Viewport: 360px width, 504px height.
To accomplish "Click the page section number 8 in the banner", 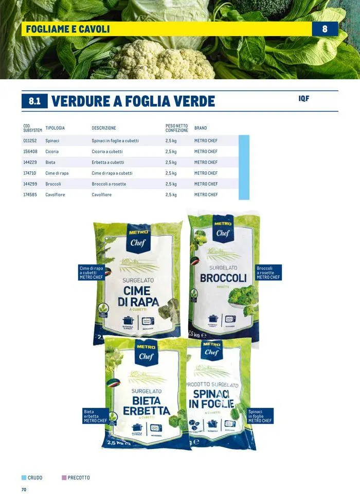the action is coord(325,29).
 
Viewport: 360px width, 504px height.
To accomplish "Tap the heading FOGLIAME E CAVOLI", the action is coord(68,29).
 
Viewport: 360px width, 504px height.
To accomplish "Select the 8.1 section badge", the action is coord(34,101).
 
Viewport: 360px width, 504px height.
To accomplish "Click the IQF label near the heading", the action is coord(303,98).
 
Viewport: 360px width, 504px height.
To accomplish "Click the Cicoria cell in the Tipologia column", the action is coord(52,152).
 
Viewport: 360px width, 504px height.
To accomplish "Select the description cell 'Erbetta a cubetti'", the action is coord(107,163).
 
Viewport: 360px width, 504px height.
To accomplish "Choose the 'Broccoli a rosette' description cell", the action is coord(109,184).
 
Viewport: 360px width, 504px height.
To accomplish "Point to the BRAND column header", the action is coord(201,128).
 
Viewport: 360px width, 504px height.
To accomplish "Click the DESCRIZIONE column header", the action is coord(104,128).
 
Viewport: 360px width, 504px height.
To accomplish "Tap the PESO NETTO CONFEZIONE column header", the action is coord(176,128).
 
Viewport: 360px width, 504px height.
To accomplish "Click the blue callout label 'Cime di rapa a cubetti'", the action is coord(92,273).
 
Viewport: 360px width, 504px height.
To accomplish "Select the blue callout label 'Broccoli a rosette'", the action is coord(268,273).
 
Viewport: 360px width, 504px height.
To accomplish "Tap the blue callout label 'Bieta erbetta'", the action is coord(95,416).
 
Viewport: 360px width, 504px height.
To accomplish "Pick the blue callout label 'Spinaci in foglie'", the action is coord(260,416).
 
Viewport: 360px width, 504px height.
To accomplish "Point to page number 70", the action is coord(24,490).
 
